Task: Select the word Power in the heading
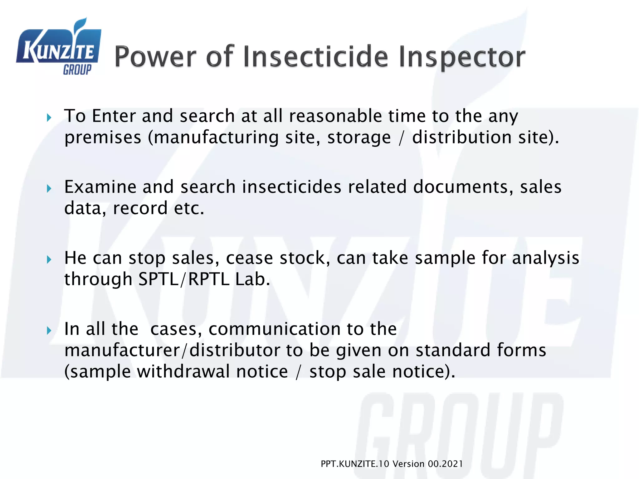tap(155, 56)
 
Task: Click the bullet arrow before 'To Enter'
tap(49, 118)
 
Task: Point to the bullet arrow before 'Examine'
tap(49, 189)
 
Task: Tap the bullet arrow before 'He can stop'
tap(49, 259)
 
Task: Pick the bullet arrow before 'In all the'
tap(49, 331)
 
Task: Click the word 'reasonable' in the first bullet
tap(335, 116)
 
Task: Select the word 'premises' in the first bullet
tap(103, 138)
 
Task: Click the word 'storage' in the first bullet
tap(359, 138)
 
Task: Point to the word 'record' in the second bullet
tap(140, 208)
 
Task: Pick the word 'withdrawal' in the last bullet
tap(212, 372)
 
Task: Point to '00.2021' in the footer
tap(445, 464)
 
